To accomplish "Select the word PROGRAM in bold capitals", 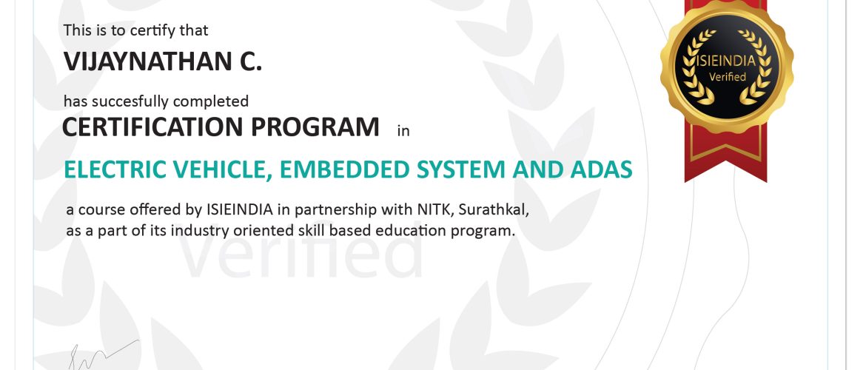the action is pos(315,127).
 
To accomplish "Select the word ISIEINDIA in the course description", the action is pos(240,210).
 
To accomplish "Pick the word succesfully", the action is pos(130,102).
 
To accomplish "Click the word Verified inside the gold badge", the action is pos(728,77).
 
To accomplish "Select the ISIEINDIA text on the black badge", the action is pos(727,61).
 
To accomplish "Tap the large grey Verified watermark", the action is pos(301,254).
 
